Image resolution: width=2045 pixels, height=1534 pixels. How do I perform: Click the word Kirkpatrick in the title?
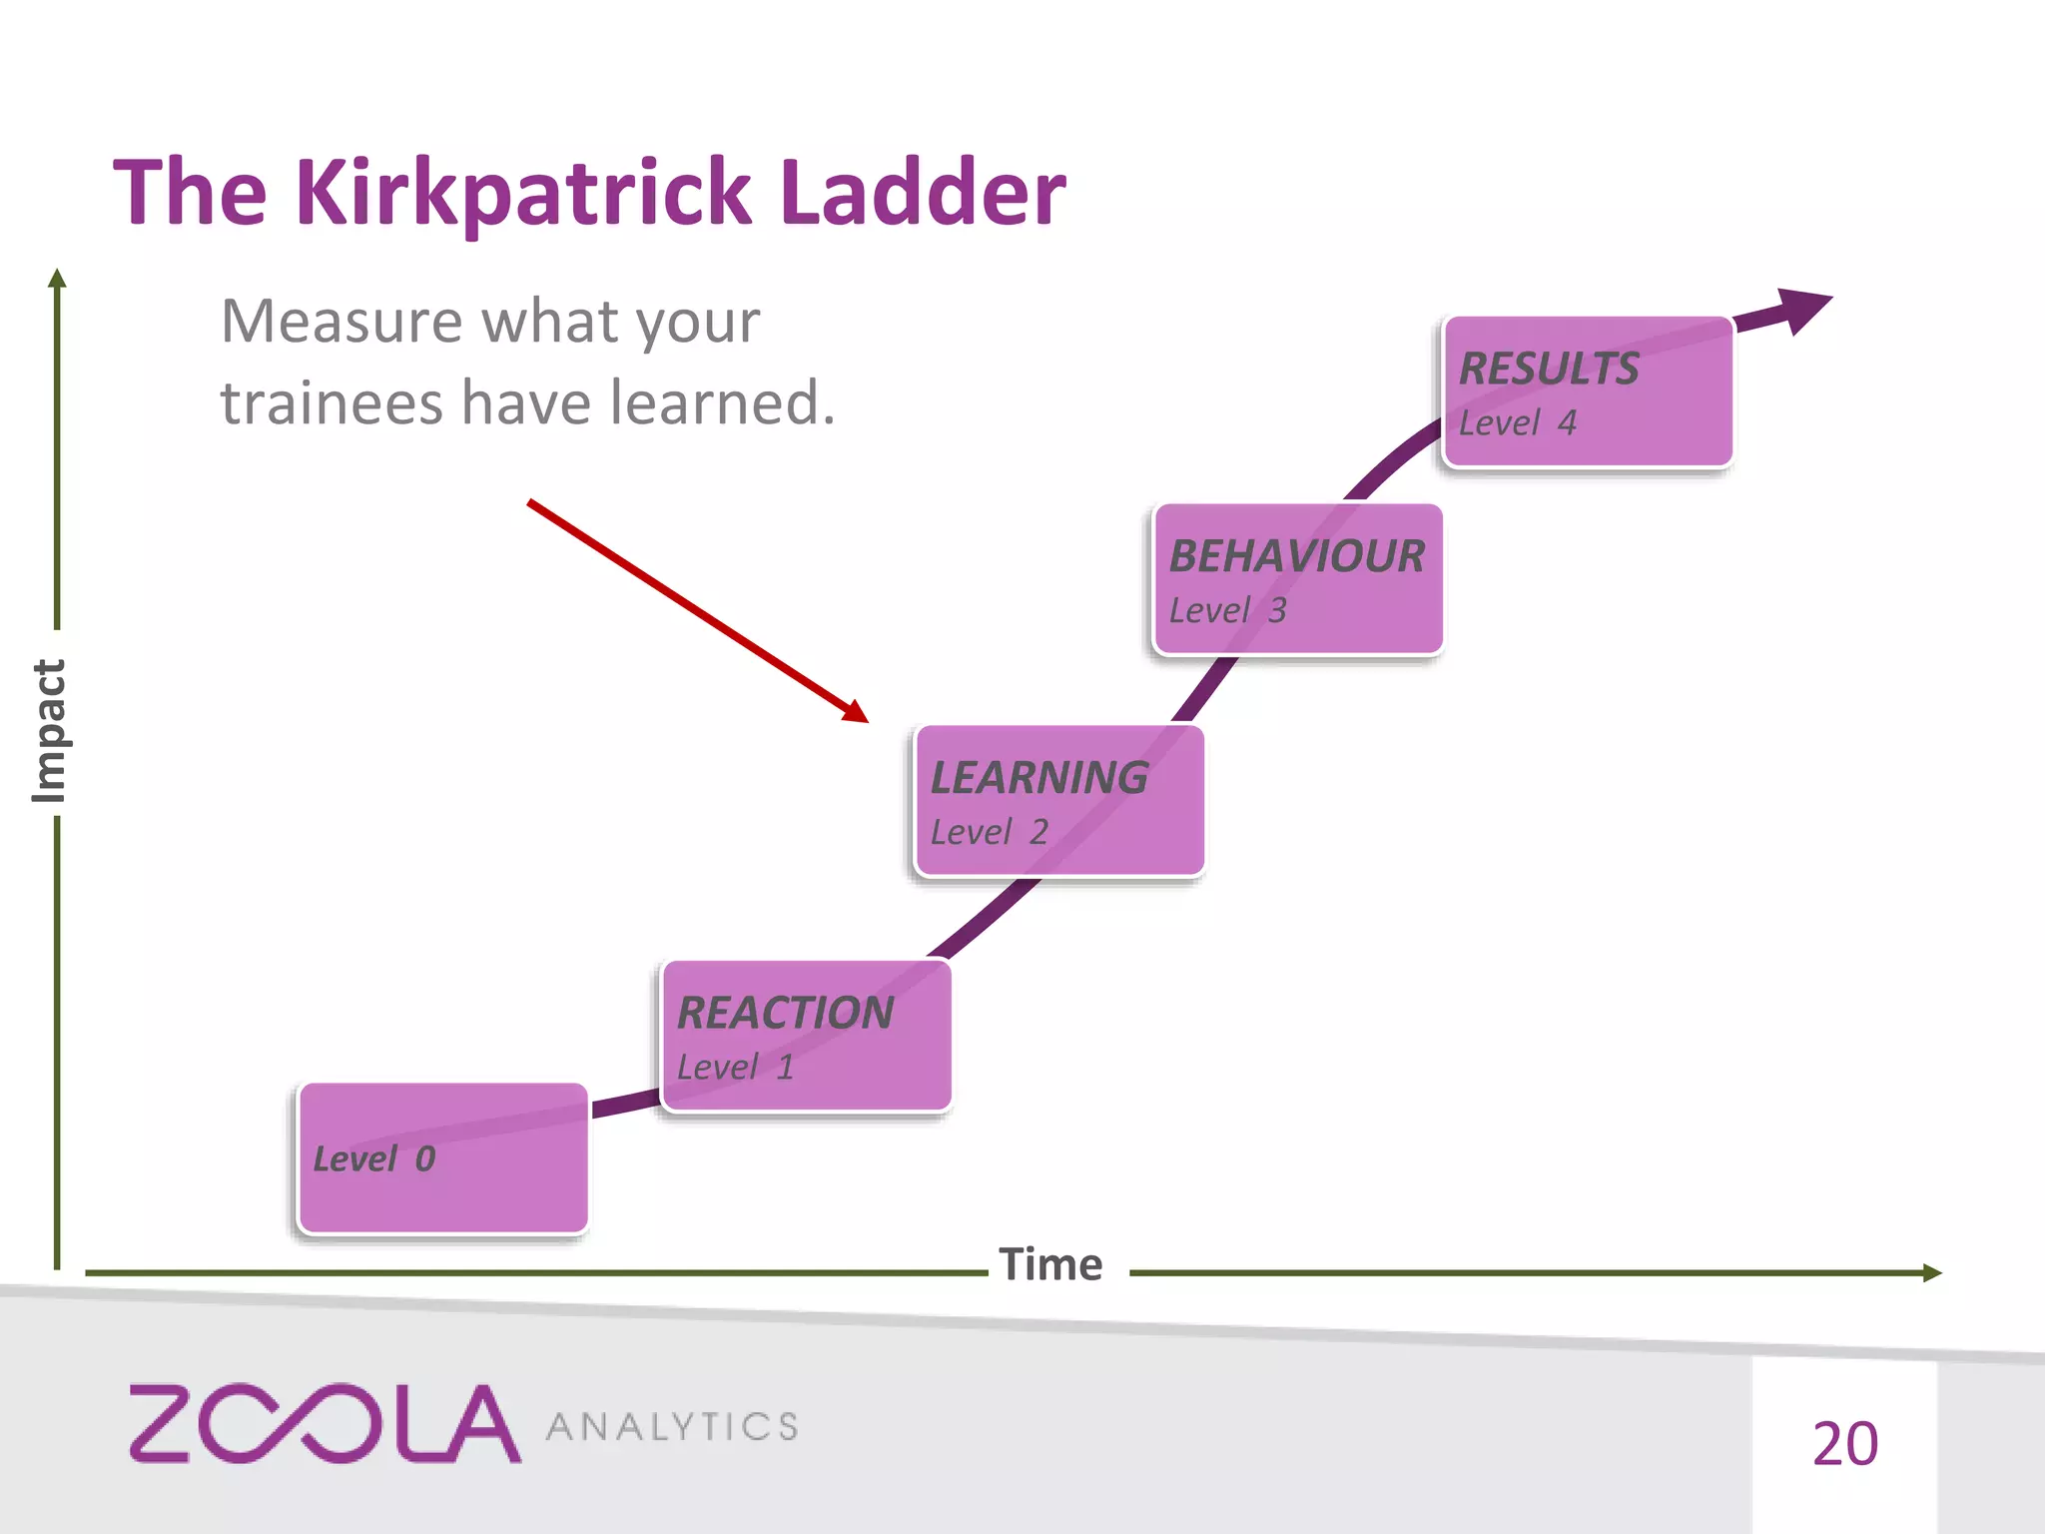[522, 192]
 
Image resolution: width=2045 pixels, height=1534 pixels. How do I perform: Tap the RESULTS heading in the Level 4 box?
[1549, 369]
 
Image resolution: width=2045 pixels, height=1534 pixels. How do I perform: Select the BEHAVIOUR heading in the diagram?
[1296, 556]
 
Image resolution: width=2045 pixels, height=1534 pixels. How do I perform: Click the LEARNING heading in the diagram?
[1039, 778]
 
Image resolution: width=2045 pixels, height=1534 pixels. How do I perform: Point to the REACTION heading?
[785, 1013]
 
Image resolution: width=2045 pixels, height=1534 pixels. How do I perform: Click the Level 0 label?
[374, 1158]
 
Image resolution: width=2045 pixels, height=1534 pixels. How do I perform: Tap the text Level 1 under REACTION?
[735, 1068]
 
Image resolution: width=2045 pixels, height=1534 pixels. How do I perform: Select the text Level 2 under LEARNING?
[989, 832]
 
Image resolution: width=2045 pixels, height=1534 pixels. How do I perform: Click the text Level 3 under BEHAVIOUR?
[1227, 610]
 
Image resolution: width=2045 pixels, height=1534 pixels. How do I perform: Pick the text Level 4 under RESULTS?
[1517, 423]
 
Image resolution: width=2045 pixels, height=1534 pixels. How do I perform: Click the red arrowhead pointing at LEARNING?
[857, 712]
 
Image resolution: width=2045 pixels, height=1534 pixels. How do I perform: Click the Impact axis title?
[48, 730]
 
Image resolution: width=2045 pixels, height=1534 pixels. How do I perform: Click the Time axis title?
[1050, 1265]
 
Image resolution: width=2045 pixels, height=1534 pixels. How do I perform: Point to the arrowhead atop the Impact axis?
[57, 278]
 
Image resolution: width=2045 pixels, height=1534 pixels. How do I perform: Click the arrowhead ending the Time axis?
[1932, 1272]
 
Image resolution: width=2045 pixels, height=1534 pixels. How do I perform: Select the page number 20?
[1844, 1444]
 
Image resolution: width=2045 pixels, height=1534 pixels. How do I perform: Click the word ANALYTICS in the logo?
[672, 1427]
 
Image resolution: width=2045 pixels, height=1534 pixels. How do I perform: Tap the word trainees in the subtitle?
[331, 403]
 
